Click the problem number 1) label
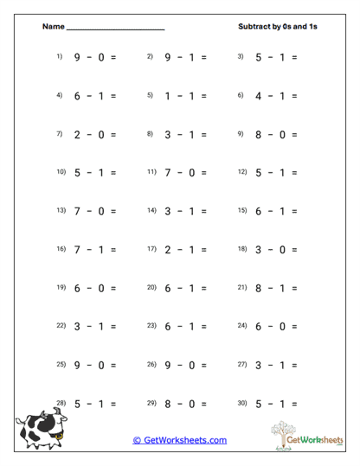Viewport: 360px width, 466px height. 60,56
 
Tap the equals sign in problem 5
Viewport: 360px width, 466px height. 203,96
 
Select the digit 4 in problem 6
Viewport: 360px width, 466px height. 258,96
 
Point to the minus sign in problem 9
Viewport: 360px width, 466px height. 276,135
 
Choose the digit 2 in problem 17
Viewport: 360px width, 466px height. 168,251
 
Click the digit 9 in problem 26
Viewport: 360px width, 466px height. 168,367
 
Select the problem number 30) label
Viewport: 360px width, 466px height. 242,404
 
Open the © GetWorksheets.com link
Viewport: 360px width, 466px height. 179,440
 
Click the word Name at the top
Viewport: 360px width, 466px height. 52,27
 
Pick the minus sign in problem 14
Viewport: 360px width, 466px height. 186,212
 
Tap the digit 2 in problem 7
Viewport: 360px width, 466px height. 77,135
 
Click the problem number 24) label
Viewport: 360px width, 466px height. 242,326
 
